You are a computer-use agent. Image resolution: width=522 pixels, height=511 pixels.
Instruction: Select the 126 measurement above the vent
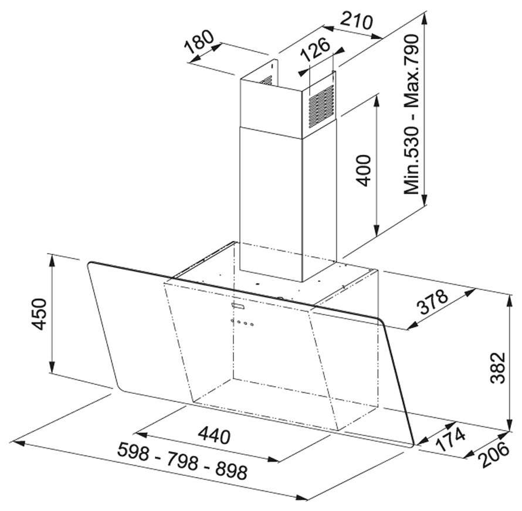click(x=315, y=53)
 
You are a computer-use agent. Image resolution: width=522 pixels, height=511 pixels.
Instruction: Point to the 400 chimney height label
click(x=364, y=170)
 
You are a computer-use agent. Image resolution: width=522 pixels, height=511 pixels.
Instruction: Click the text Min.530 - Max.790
click(x=413, y=114)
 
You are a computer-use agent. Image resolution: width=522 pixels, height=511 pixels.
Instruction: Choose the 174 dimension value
click(x=450, y=439)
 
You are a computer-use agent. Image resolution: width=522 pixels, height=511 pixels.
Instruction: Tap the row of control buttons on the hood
click(x=242, y=323)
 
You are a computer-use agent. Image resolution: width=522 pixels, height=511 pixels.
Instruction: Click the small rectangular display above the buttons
click(x=239, y=306)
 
